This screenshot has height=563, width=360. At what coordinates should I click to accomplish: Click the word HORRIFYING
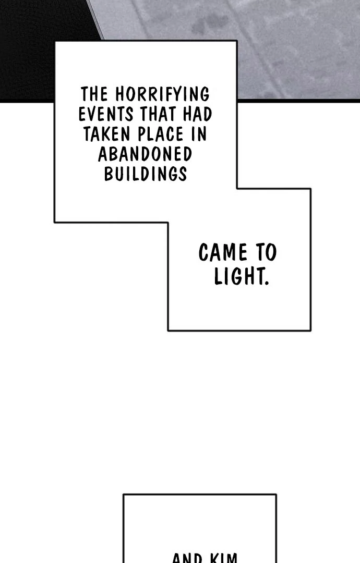click(x=162, y=94)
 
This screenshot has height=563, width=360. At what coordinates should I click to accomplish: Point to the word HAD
click(x=198, y=114)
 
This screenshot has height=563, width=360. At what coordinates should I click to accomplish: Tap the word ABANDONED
click(x=145, y=154)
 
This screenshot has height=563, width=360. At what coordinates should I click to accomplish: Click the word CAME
click(x=223, y=253)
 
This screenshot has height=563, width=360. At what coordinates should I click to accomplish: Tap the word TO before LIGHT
click(x=266, y=253)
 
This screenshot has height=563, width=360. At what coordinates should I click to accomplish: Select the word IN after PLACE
click(x=198, y=134)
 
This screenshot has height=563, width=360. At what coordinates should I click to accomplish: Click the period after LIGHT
click(x=267, y=284)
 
